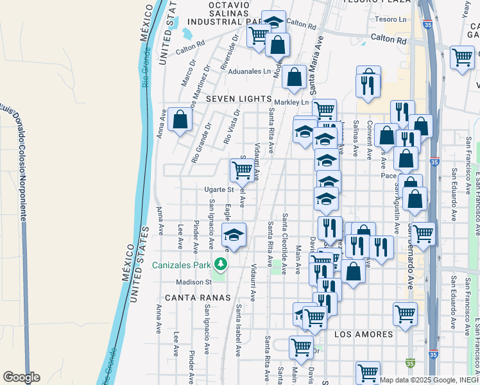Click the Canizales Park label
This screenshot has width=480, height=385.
tap(182, 266)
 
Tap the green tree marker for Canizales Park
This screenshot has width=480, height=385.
tap(221, 264)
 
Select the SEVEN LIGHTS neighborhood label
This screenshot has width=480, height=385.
tap(239, 99)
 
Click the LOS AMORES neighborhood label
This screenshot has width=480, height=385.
tap(364, 334)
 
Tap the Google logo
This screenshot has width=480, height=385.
tap(21, 377)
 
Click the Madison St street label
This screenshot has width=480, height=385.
tap(193, 282)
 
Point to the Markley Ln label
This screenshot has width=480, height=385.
tap(291, 103)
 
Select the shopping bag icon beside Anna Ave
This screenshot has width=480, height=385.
tap(180, 119)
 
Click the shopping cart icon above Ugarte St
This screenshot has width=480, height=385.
tap(242, 170)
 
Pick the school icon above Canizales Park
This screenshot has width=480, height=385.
tap(234, 234)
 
